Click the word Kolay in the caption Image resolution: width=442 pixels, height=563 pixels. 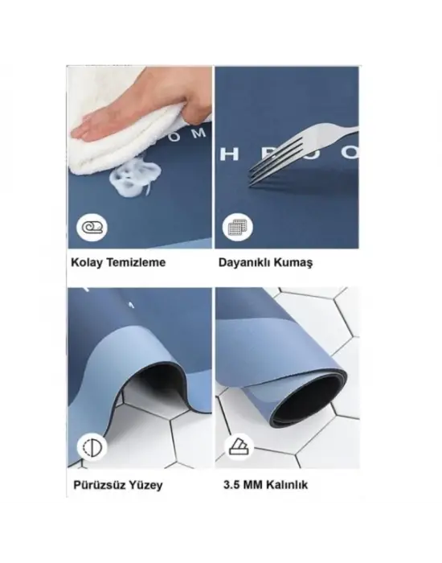pyautogui.click(x=85, y=262)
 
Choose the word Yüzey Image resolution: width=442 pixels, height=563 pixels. pyautogui.click(x=146, y=485)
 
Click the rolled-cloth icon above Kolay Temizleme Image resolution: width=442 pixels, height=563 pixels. pyautogui.click(x=91, y=227)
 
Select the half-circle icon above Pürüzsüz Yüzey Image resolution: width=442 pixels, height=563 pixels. pyautogui.click(x=91, y=447)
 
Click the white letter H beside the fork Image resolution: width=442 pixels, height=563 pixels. pyautogui.click(x=226, y=153)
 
